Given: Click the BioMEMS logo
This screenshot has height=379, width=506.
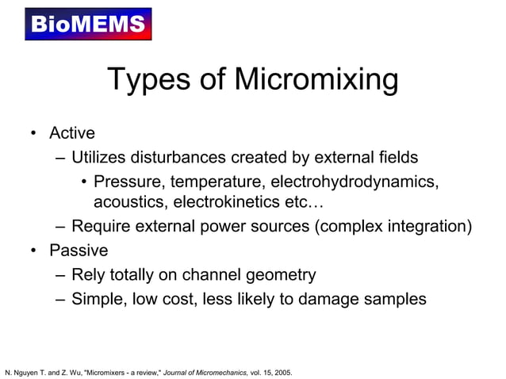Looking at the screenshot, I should (x=88, y=24).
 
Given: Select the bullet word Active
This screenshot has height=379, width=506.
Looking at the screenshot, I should (x=72, y=133).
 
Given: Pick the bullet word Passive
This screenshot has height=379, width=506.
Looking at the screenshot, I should (x=79, y=251).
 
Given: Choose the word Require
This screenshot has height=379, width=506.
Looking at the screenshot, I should (x=102, y=228).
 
